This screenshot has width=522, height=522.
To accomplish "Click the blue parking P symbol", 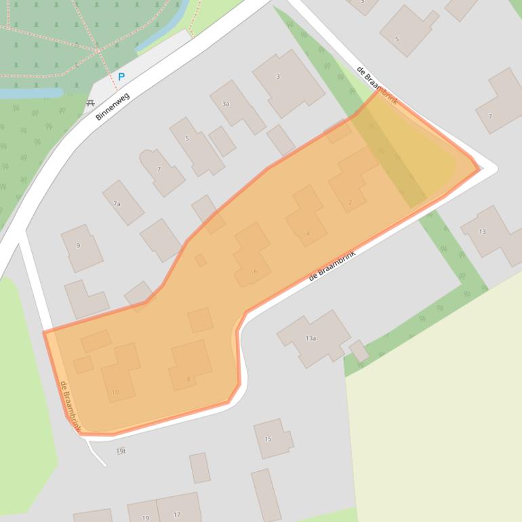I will pos(121,77).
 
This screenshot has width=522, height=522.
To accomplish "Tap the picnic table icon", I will pos(90,103).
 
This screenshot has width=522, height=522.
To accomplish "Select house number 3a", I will pos(226,104).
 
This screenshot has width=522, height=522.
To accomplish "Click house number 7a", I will pos(117,203).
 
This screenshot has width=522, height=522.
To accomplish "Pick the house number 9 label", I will pos(78,245).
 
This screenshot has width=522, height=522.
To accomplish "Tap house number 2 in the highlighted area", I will pos(350,202).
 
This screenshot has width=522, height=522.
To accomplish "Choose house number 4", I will pos(308,234).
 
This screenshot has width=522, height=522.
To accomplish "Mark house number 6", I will pos(255,272).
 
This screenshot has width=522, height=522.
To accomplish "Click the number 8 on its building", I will pos(188,379).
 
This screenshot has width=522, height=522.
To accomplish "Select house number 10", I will pos(115,392).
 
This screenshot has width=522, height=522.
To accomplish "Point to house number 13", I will pos(482,232).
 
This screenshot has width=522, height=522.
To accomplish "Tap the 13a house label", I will pos(310,338).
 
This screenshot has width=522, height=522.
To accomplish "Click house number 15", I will pos(268,439).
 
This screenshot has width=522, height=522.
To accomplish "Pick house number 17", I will pos(177,515).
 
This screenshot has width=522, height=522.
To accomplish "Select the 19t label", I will pos(121,451).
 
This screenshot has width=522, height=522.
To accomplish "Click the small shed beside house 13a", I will pos(359,350).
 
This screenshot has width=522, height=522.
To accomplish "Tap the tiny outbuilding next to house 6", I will pos(201,260).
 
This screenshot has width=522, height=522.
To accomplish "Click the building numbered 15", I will pos(273,438).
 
